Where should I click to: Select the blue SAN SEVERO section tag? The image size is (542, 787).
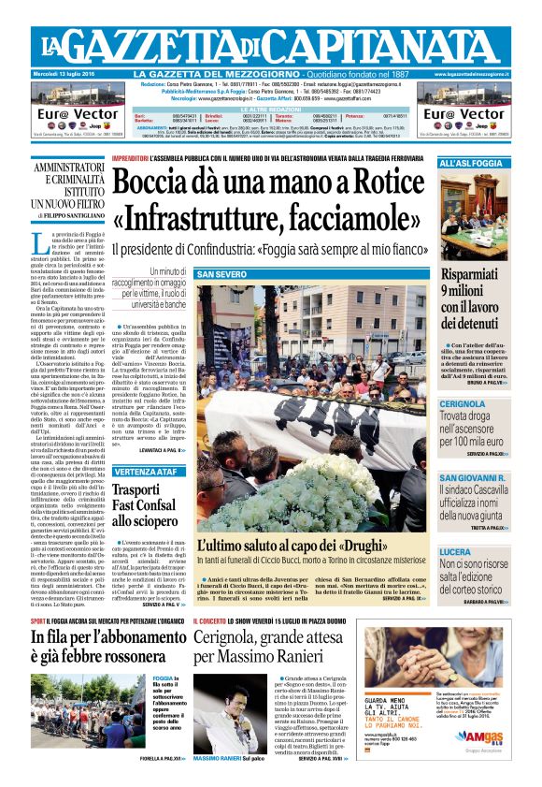click(x=221, y=274)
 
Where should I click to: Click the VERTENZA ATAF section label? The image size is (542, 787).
click(x=146, y=472)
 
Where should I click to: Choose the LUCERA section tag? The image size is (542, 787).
click(x=456, y=552)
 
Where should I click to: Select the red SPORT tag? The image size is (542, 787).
click(x=38, y=620)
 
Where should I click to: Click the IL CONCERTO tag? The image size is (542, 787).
click(x=217, y=620)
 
